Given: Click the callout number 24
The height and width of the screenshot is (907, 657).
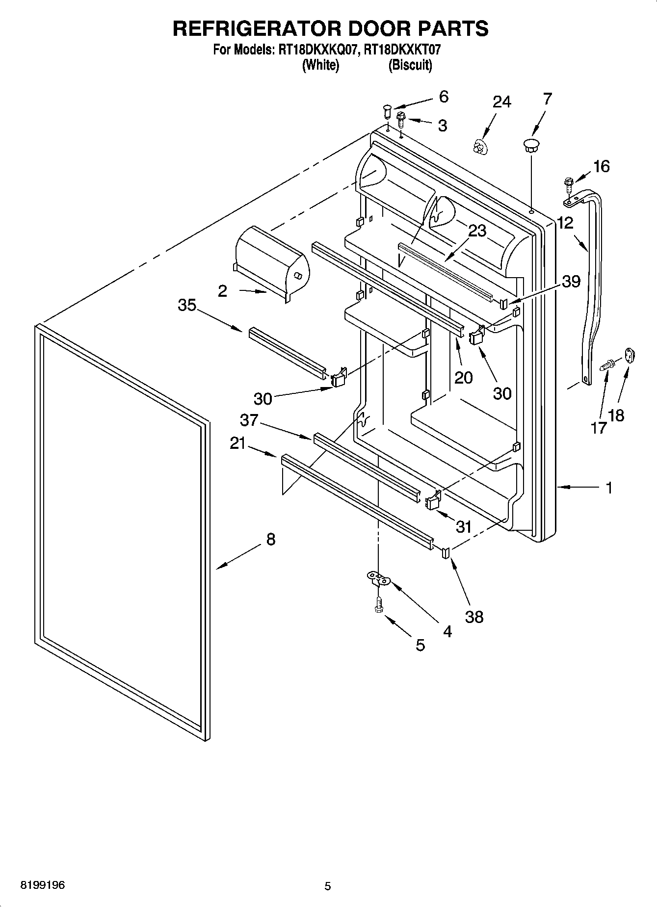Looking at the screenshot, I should pyautogui.click(x=502, y=102).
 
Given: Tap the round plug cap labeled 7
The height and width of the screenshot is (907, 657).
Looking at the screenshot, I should pyautogui.click(x=530, y=144).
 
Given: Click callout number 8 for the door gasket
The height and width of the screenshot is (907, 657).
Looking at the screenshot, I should pyautogui.click(x=270, y=540).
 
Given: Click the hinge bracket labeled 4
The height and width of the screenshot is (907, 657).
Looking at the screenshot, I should pyautogui.click(x=378, y=579).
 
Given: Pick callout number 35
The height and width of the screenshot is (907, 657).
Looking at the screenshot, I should pyautogui.click(x=187, y=306).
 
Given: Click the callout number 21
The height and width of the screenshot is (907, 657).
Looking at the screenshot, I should pyautogui.click(x=237, y=443).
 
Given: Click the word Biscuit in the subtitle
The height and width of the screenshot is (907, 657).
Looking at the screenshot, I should pyautogui.click(x=410, y=65).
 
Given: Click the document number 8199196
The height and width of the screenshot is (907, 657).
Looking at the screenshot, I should pyautogui.click(x=43, y=885).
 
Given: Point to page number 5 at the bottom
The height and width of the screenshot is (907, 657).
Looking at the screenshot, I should pyautogui.click(x=328, y=886).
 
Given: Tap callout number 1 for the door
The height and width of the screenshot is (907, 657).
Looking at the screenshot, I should pyautogui.click(x=608, y=488).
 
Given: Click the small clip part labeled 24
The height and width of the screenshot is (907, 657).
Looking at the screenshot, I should pyautogui.click(x=479, y=146).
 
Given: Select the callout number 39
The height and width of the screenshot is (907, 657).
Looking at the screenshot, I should pyautogui.click(x=571, y=281).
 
